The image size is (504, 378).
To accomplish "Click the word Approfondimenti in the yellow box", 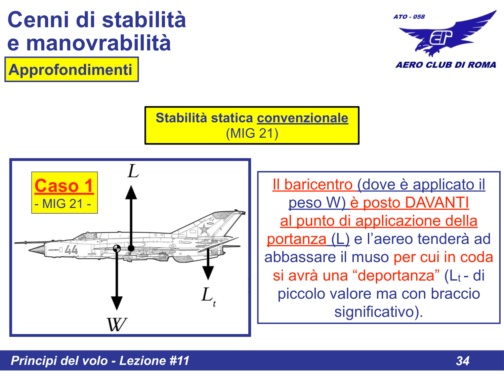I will click(71, 70).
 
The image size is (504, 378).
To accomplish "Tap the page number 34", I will click(463, 361).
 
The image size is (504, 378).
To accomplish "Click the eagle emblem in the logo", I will click(447, 35).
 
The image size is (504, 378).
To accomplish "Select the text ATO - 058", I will click(409, 17).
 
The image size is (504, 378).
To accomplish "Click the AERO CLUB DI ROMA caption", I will click(446, 65).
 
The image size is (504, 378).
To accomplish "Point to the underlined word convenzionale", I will click(302, 118).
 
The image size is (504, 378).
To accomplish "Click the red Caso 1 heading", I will click(64, 186).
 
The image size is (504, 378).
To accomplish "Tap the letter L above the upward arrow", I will click(133, 171).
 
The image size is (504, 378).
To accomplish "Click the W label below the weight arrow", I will click(117, 324).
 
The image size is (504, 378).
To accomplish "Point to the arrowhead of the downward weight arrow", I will click(117, 303).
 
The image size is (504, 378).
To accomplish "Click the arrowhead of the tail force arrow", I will click(208, 273).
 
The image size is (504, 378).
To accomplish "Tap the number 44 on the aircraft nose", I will click(71, 250).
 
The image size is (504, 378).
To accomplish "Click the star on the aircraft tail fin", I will click(204, 229).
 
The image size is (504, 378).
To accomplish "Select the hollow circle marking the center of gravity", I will click(117, 248).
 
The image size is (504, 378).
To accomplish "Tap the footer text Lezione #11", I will click(154, 361).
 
